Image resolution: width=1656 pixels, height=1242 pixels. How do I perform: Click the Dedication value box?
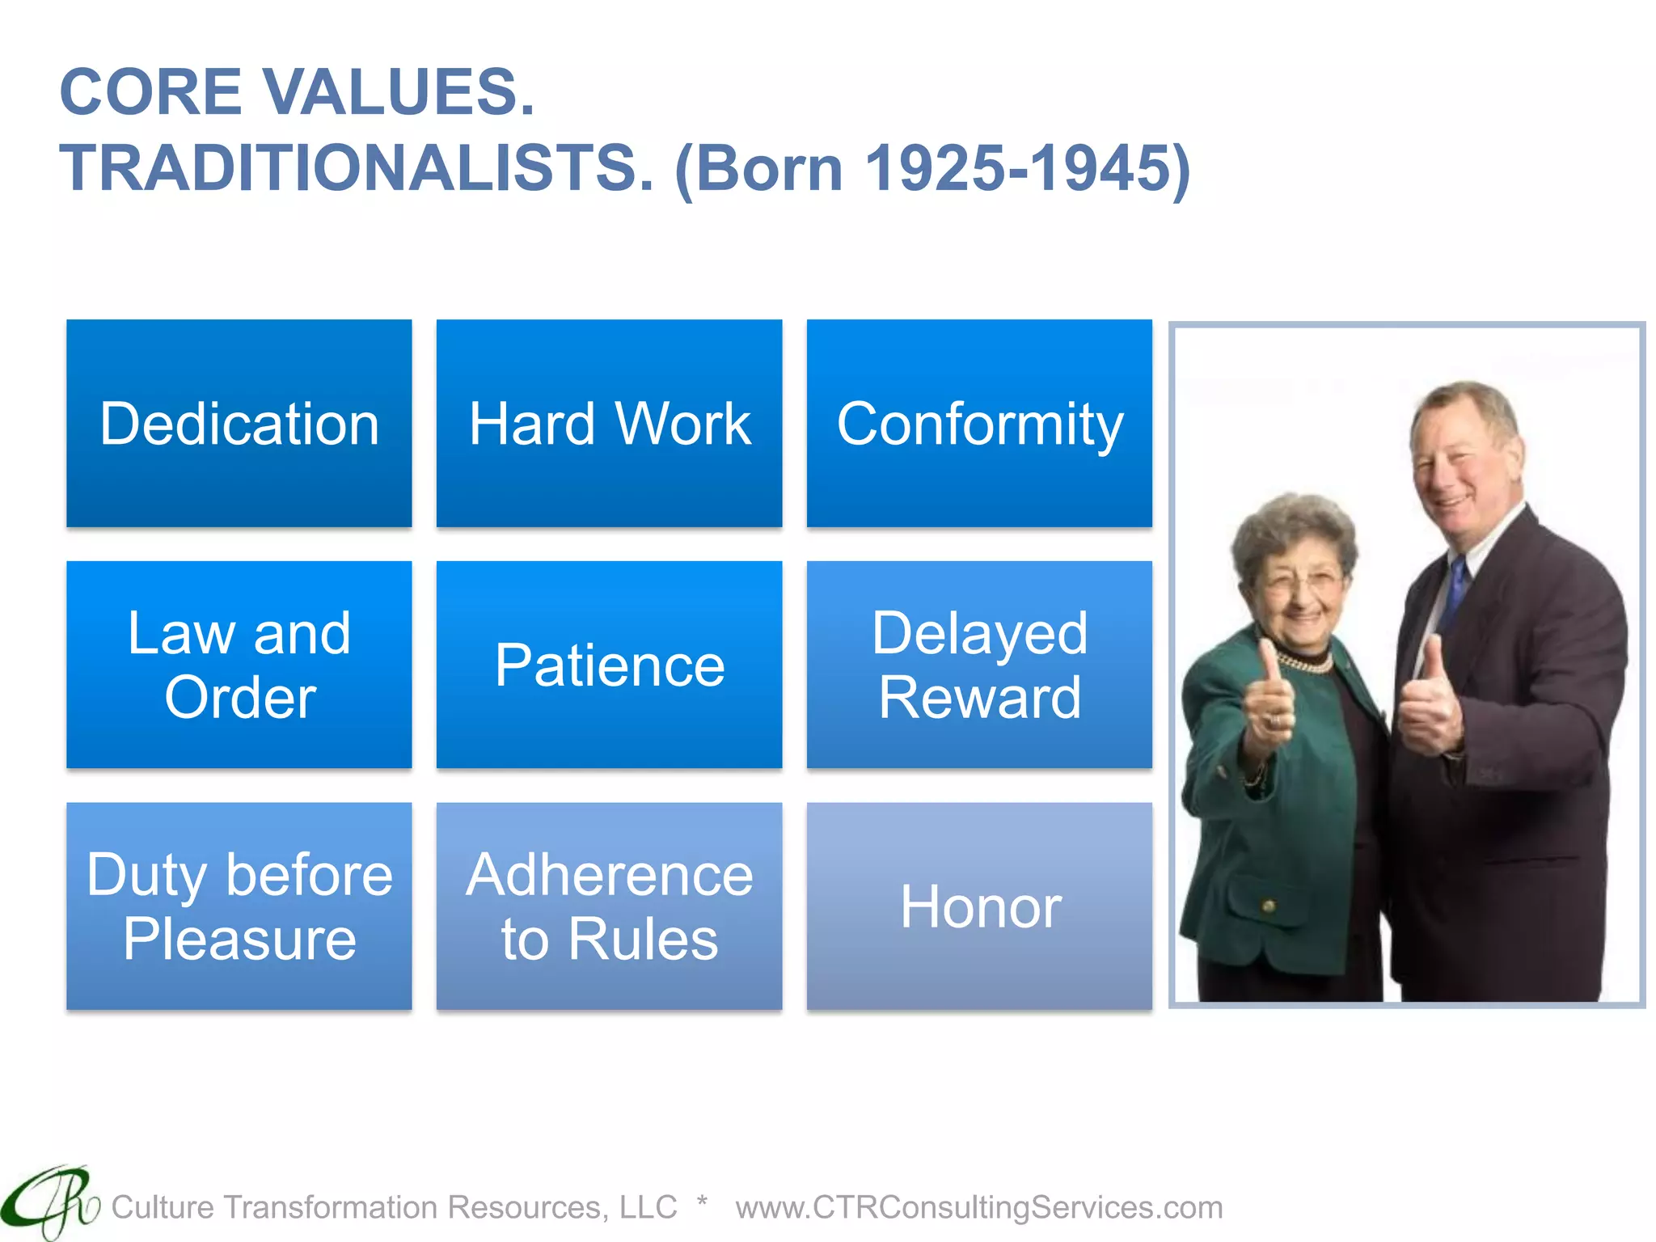click(239, 423)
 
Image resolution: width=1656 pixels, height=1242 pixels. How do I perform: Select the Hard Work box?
click(609, 423)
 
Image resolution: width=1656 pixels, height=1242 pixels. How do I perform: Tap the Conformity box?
click(979, 423)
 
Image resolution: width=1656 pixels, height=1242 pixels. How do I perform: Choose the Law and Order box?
click(239, 665)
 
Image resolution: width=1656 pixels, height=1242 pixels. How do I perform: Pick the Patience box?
click(609, 665)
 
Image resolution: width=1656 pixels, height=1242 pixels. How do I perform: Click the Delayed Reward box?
click(979, 665)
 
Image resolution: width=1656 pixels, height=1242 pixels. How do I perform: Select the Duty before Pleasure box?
click(239, 906)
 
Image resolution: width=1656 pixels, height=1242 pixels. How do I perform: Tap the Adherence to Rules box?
click(609, 906)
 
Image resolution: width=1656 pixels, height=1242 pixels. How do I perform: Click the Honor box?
click(979, 906)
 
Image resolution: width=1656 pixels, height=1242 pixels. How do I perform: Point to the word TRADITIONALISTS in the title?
click(356, 168)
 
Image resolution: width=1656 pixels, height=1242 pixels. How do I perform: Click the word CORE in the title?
click(150, 91)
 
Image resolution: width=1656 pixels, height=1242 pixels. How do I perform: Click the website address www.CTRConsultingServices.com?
click(978, 1207)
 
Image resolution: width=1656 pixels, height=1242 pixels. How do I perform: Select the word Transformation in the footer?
click(332, 1207)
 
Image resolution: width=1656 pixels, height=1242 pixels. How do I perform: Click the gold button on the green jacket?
click(1269, 906)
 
